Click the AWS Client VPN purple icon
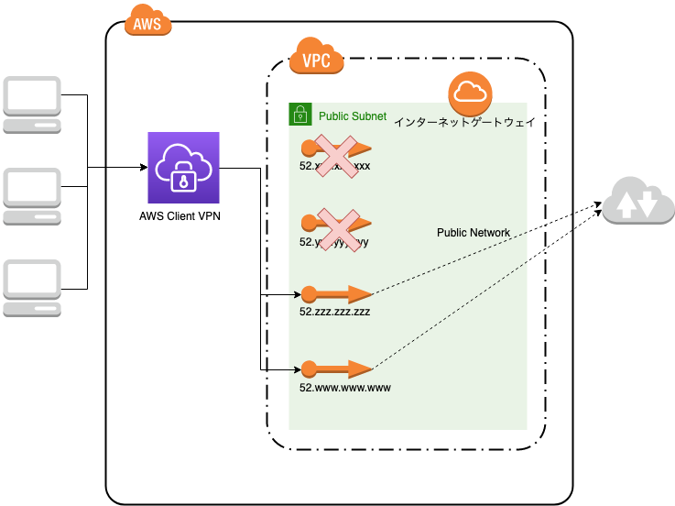tap(184, 168)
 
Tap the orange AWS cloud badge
tap(147, 23)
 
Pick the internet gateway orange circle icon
tap(471, 93)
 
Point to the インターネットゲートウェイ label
tap(464, 122)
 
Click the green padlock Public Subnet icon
tap(299, 115)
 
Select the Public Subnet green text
tap(352, 116)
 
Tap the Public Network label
tap(474, 233)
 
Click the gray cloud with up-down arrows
tap(638, 202)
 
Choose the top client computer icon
tap(32, 104)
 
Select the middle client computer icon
tap(32, 196)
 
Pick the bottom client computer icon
tap(32, 288)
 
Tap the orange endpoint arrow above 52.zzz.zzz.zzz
tap(336, 294)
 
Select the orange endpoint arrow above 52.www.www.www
tap(336, 369)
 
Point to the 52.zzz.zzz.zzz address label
tap(334, 312)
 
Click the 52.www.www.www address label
tap(344, 388)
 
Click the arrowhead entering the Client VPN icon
tap(144, 168)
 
